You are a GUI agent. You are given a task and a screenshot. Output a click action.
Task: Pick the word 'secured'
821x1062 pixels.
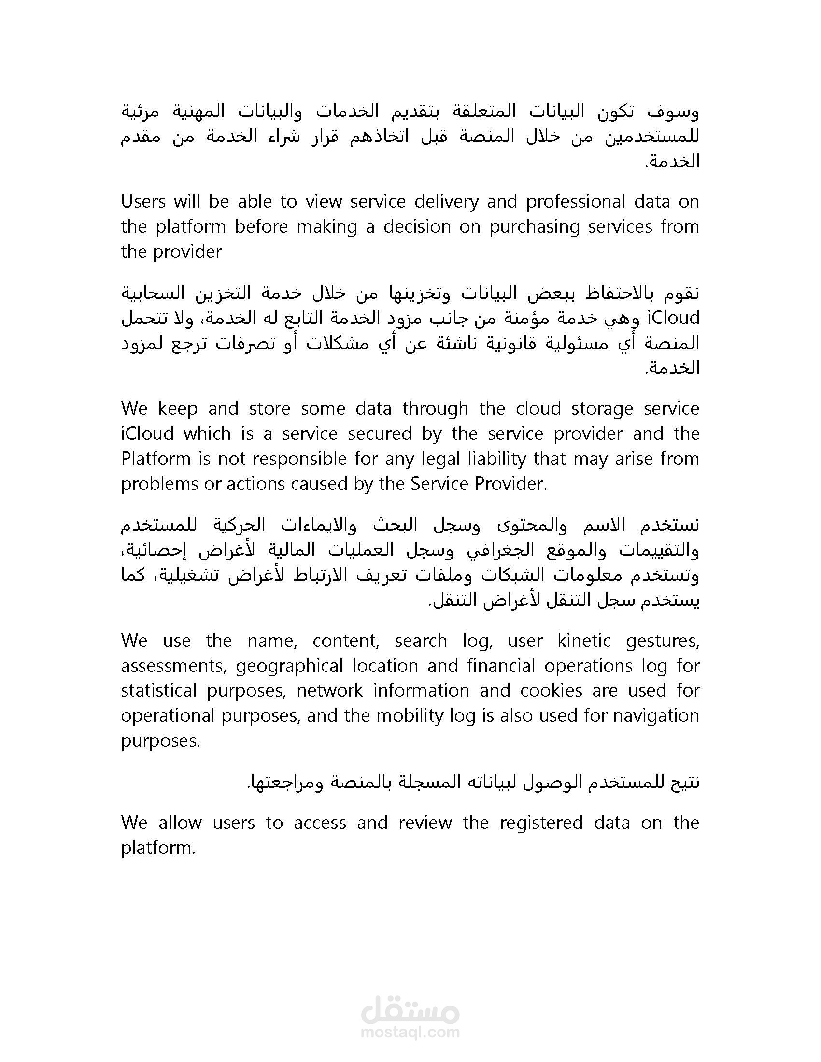(380, 433)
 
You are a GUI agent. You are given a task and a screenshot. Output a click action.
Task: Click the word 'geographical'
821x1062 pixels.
(289, 666)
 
